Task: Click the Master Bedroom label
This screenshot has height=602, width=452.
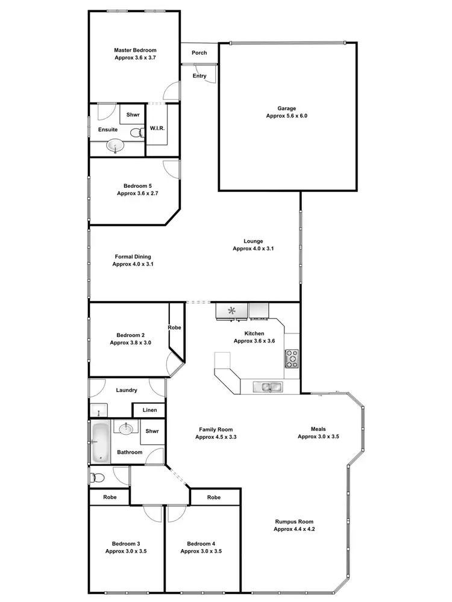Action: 135,50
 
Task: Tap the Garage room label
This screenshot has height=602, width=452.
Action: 286,108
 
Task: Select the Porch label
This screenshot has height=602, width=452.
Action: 199,53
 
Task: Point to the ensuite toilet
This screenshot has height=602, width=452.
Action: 142,134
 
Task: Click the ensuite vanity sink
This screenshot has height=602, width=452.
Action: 114,145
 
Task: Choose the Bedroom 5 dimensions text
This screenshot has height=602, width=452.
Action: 137,194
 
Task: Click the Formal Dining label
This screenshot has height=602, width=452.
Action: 133,256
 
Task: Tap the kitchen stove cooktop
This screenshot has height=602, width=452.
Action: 292,359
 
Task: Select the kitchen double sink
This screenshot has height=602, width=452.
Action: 266,386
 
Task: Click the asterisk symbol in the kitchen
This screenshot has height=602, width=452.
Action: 232,311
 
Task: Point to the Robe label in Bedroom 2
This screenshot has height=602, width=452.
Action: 175,328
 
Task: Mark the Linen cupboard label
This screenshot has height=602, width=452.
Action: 149,411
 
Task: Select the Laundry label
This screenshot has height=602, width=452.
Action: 127,390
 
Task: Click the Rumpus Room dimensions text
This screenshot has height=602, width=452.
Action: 294,530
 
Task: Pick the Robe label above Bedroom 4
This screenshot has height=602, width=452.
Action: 213,498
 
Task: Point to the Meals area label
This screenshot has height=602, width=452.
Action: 318,429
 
